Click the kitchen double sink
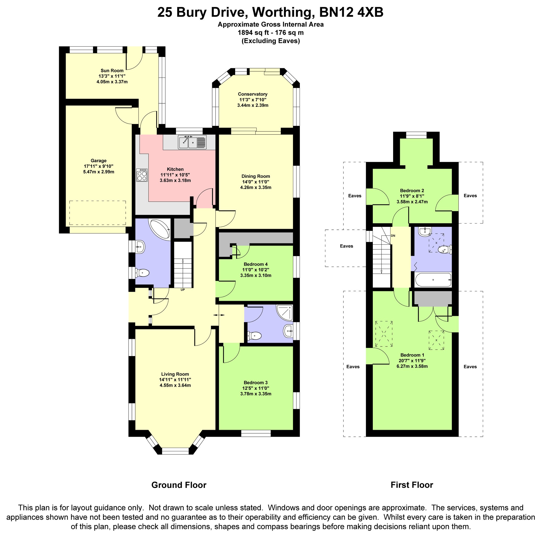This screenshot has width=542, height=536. [192, 142]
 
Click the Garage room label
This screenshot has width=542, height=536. [98, 161]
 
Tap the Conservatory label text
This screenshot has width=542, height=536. [253, 94]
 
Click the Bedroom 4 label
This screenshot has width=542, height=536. [255, 264]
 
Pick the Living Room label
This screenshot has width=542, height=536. [175, 374]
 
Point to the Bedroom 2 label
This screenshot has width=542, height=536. [412, 190]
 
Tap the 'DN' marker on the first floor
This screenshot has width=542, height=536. [393, 236]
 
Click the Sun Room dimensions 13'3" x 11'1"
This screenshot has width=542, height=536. [112, 76]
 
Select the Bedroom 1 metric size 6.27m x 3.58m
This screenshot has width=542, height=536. [412, 366]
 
